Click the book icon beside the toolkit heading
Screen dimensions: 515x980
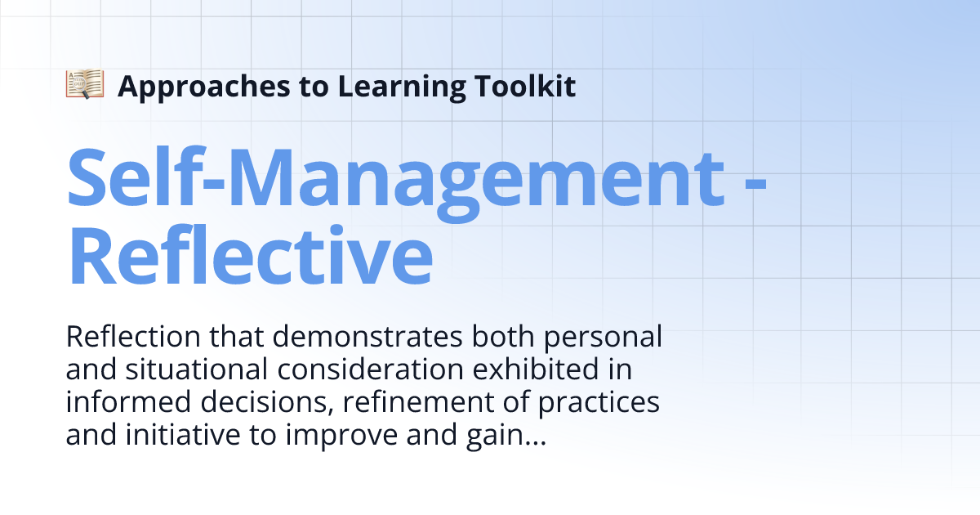tap(85, 85)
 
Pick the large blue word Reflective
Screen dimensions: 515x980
tap(249, 254)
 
